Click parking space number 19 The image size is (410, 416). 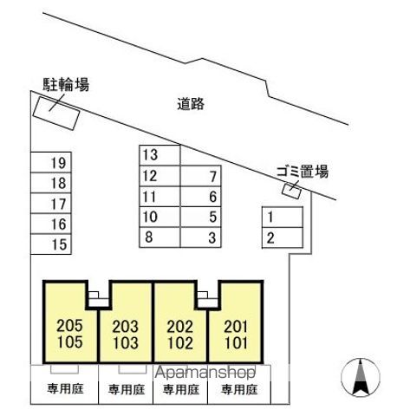pyautogui.click(x=51, y=162)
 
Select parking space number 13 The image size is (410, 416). pyautogui.click(x=159, y=155)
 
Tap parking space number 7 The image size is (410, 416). pyautogui.click(x=201, y=176)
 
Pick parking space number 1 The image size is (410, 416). pyautogui.click(x=283, y=217)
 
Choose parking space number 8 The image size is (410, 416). pyautogui.click(x=159, y=237)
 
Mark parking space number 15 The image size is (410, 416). pyautogui.click(x=51, y=244)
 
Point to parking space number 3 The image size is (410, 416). pyautogui.click(x=201, y=237)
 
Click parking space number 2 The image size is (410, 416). pyautogui.click(x=283, y=237)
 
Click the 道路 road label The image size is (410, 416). pyautogui.click(x=191, y=104)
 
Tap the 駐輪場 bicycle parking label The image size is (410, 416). pyautogui.click(x=66, y=85)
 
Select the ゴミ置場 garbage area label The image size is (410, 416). pyautogui.click(x=303, y=172)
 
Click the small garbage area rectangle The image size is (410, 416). pyautogui.click(x=292, y=191)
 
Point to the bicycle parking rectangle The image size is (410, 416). pyautogui.click(x=56, y=114)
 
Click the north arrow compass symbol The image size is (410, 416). pyautogui.click(x=361, y=377)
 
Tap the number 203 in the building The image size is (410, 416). pyautogui.click(x=126, y=327)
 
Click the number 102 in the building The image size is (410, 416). pyautogui.click(x=180, y=343)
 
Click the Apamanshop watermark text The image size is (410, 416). pyautogui.click(x=205, y=373)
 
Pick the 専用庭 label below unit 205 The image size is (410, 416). pyautogui.click(x=66, y=388)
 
